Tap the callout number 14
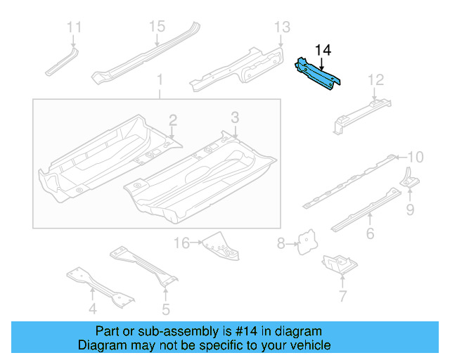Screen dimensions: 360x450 click(x=322, y=50)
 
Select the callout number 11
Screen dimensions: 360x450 click(x=74, y=27)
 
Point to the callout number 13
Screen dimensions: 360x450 click(x=281, y=27)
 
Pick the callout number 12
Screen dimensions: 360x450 click(x=376, y=79)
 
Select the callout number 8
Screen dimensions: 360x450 click(x=281, y=244)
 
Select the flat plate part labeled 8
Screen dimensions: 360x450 click(x=307, y=242)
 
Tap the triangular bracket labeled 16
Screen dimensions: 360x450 click(x=218, y=246)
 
